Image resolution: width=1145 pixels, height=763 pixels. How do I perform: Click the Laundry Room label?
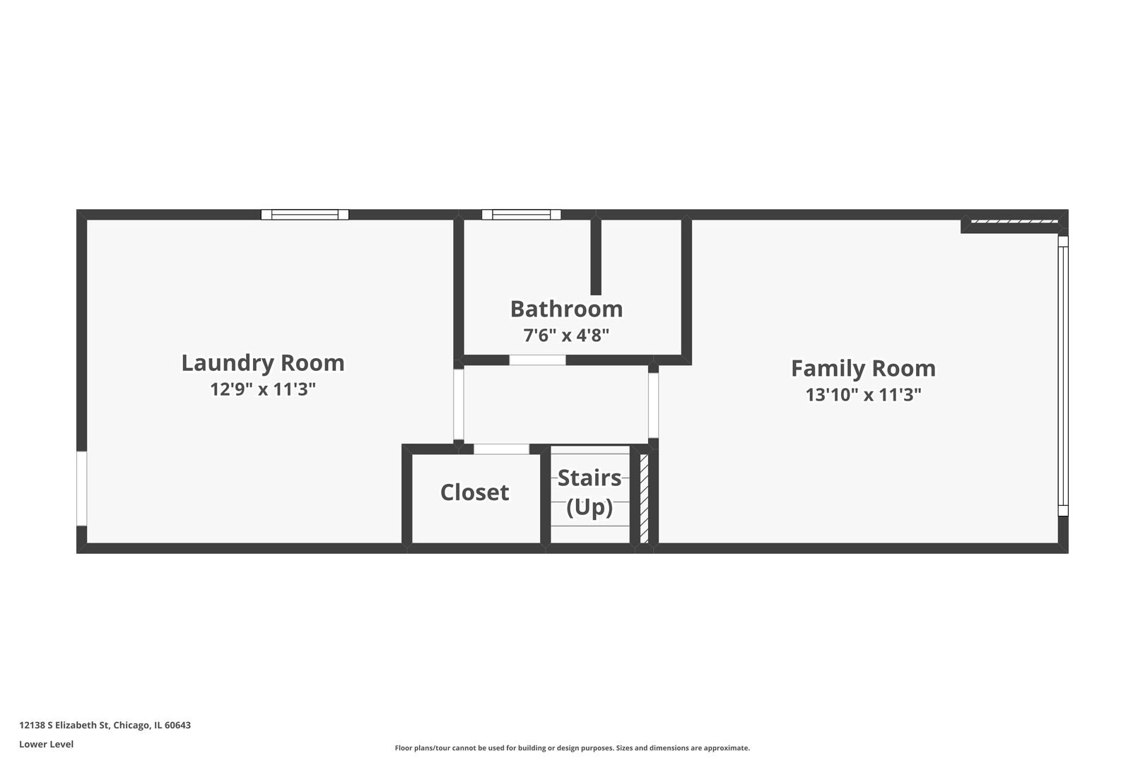click(263, 362)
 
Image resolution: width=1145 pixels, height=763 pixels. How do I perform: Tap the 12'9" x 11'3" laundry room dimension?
click(263, 389)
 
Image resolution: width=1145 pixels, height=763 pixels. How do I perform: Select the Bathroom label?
click(566, 309)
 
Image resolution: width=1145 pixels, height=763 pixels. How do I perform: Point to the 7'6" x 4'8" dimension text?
click(566, 335)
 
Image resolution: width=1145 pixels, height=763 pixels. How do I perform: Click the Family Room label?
click(863, 368)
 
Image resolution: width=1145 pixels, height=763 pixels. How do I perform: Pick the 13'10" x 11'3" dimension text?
click(863, 395)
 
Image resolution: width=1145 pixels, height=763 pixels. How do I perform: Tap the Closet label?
click(474, 492)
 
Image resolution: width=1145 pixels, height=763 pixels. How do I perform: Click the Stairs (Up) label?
click(589, 492)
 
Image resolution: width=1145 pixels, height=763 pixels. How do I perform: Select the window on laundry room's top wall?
click(305, 215)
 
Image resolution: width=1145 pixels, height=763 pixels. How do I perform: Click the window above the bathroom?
click(521, 215)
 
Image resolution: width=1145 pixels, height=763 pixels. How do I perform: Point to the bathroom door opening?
click(537, 360)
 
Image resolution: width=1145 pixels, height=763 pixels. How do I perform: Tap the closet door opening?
click(501, 449)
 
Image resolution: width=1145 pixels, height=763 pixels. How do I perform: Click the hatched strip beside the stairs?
click(644, 498)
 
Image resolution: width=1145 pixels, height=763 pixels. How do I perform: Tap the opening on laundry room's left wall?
click(81, 488)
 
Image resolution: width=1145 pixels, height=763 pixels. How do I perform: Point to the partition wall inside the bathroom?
click(596, 256)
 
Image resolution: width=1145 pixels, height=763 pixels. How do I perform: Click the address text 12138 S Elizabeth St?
click(105, 725)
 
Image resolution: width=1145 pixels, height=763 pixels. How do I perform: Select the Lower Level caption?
click(46, 744)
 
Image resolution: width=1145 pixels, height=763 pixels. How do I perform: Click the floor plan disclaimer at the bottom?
click(572, 748)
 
